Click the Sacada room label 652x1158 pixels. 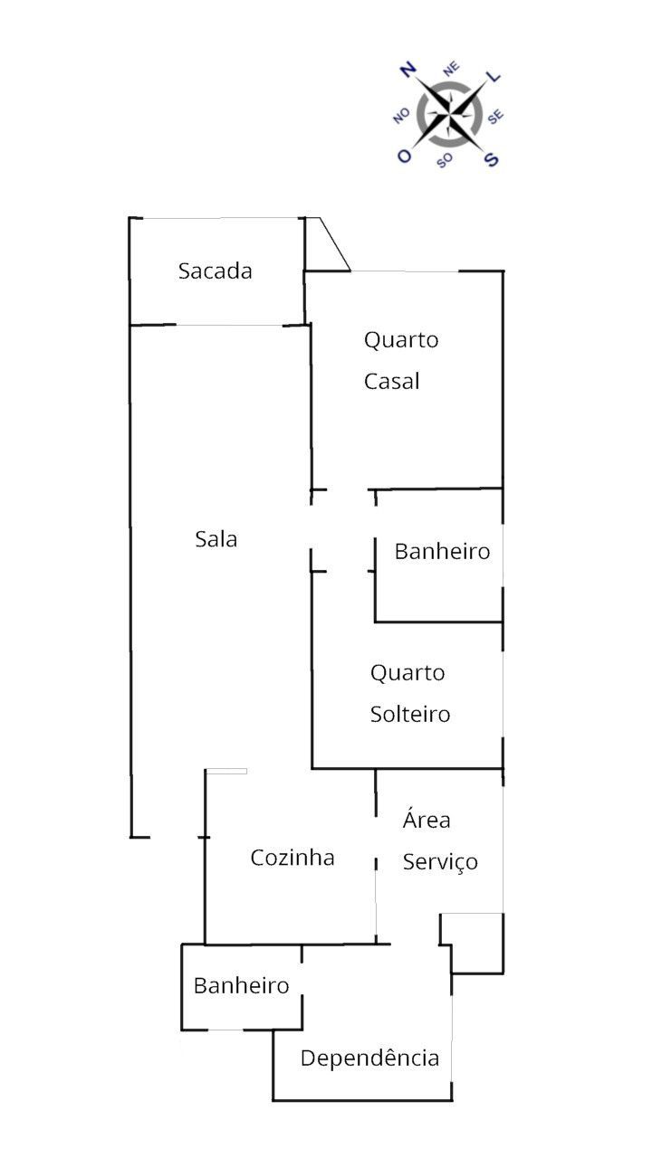[215, 271]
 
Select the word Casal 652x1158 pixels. [392, 382]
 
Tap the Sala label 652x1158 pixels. [216, 539]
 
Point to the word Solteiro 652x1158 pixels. [410, 715]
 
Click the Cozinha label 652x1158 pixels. [292, 858]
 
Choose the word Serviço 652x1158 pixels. [440, 862]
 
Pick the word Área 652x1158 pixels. [427, 821]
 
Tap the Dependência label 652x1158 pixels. [369, 1058]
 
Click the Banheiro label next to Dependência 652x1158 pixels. [241, 985]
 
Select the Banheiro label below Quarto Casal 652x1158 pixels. [442, 551]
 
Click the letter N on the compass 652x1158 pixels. [408, 70]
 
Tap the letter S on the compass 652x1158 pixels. [492, 159]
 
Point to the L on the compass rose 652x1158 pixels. [494, 78]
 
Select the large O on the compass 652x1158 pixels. [404, 156]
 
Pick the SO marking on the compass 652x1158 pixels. [445, 161]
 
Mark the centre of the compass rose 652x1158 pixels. [450, 114]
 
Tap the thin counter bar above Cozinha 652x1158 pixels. [226, 771]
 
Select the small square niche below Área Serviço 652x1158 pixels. [471, 941]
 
